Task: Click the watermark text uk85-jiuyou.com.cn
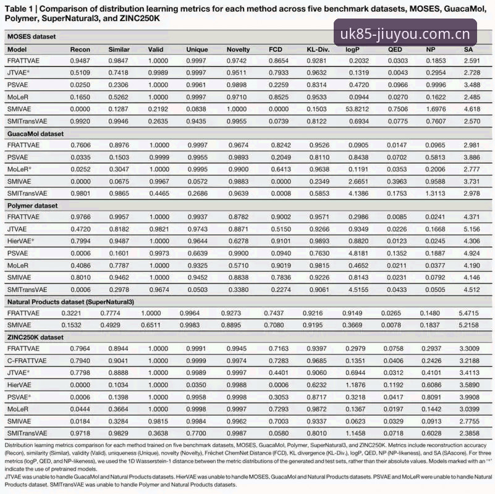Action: point(405,34)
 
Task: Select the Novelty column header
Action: point(238,49)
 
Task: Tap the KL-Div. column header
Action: point(318,49)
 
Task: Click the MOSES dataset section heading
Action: point(32,36)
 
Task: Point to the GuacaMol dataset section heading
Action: point(35,134)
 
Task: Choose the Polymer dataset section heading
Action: point(33,206)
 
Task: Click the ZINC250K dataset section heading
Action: point(35,337)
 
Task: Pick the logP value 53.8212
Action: point(357,109)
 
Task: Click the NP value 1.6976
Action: point(436,109)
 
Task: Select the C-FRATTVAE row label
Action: point(27,361)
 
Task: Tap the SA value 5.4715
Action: point(469,313)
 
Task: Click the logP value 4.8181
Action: point(358,253)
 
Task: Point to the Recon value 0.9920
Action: point(80,122)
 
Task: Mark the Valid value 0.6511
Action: point(151,325)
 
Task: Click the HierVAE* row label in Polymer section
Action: point(20,241)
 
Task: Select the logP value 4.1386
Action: point(358,194)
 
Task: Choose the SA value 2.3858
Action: point(470,433)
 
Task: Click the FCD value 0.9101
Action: point(281,241)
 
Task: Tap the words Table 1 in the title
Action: point(19,9)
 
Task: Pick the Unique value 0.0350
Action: point(196,385)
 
